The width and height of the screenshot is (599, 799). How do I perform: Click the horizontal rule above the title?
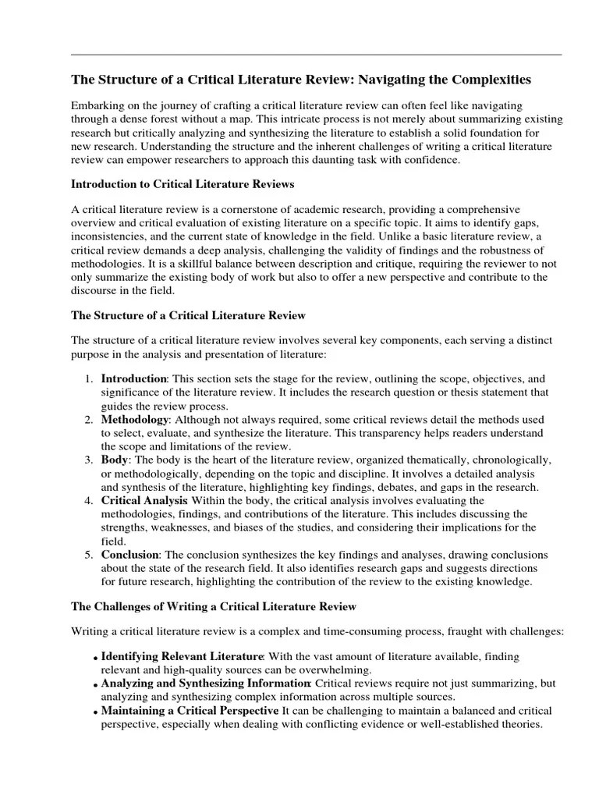click(x=316, y=55)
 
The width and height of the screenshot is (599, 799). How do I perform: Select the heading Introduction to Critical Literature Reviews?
click(x=183, y=184)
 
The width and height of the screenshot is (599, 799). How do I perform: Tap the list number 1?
click(x=88, y=378)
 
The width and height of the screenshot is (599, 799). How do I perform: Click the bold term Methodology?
click(x=134, y=420)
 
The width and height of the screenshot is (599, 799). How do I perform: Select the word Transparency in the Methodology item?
click(x=349, y=433)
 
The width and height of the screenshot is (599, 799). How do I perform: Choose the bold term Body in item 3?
click(x=114, y=460)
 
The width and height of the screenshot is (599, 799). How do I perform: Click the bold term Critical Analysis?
click(x=144, y=500)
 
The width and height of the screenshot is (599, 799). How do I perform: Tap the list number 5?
click(x=88, y=555)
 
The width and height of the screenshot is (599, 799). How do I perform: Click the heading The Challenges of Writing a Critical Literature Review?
click(x=214, y=606)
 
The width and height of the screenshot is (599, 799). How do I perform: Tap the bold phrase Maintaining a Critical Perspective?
click(x=190, y=711)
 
